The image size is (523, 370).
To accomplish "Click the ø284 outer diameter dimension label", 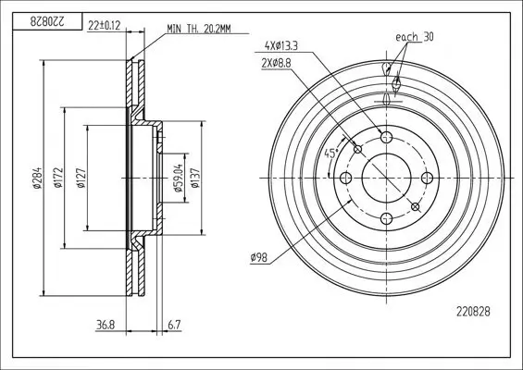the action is [x=37, y=178].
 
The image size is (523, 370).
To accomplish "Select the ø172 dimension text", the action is [x=58, y=178].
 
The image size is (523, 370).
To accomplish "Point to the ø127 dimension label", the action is [x=81, y=178].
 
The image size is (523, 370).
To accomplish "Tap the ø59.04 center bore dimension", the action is [x=178, y=178].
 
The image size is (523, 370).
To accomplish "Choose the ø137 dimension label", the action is [x=195, y=178].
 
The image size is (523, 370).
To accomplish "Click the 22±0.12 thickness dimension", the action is [x=104, y=26].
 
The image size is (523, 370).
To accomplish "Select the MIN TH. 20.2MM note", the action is [x=199, y=29].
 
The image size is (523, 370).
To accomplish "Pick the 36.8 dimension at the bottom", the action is [x=106, y=325].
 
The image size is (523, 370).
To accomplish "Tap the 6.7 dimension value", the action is [x=173, y=325].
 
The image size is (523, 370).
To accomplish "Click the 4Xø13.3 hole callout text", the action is [x=280, y=45].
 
